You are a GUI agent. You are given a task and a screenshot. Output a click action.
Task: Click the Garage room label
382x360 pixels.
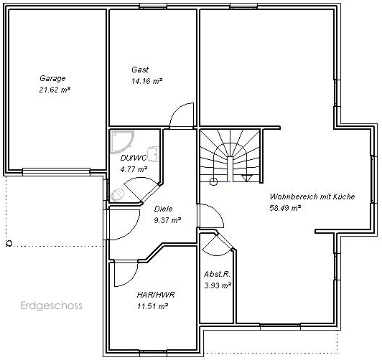point(52,78)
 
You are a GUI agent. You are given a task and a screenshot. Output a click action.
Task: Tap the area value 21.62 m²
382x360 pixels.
point(55,90)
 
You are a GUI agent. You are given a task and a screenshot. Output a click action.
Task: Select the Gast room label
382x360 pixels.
point(140,70)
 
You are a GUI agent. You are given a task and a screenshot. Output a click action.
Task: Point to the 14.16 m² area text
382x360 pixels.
point(147,81)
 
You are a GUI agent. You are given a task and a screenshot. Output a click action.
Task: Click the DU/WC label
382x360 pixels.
point(134,158)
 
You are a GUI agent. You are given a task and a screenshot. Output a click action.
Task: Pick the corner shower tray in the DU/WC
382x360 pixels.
point(122,142)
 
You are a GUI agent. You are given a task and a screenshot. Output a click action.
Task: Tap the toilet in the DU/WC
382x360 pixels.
point(118,195)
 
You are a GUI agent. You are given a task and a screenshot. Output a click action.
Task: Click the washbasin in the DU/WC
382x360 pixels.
point(154,153)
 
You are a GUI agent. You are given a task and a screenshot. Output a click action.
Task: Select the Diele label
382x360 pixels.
point(163,209)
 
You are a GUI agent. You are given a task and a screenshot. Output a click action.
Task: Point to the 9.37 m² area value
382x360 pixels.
point(167,220)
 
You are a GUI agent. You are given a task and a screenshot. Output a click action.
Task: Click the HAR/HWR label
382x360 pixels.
point(156,295)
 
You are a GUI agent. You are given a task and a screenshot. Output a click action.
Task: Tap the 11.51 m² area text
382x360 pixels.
point(153,306)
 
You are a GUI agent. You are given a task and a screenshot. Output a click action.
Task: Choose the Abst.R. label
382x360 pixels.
point(217,274)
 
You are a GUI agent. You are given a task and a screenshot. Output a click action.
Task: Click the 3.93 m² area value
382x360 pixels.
point(218,285)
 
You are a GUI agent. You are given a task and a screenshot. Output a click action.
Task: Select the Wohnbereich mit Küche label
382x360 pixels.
point(312,196)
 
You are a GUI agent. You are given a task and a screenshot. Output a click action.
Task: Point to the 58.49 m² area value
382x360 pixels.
point(285,208)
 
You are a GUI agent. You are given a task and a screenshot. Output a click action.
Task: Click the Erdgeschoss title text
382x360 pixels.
point(51,305)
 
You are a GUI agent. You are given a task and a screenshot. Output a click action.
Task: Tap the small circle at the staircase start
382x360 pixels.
point(213,181)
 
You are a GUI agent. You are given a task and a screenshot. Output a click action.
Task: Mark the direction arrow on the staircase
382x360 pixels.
point(247,178)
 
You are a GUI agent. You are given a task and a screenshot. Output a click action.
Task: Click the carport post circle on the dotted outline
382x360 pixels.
point(9,243)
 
